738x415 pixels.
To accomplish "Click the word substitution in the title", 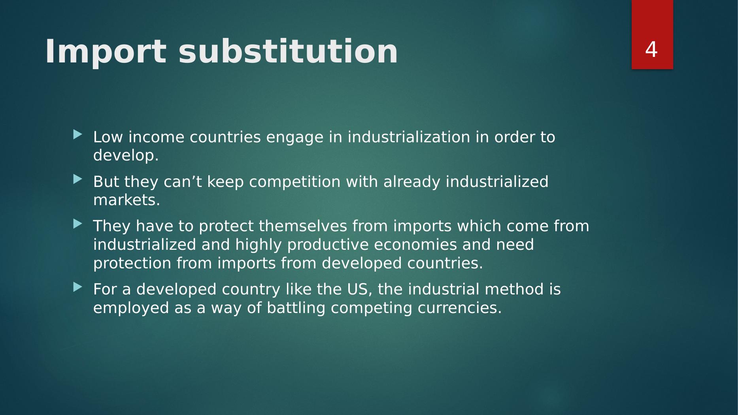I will pos(288,52).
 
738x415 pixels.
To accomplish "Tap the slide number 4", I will pos(651,49).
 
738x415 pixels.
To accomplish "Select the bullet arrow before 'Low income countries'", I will pos(77,135).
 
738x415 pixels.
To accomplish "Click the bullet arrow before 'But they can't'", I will pos(77,180).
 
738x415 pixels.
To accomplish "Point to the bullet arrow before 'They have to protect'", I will pos(77,224).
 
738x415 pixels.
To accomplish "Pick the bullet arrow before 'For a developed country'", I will pos(77,287).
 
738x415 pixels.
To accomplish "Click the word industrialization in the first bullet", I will pos(409,137).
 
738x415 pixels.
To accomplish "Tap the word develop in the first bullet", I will pos(123,156).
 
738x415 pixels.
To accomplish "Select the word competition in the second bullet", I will pos(294,182).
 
